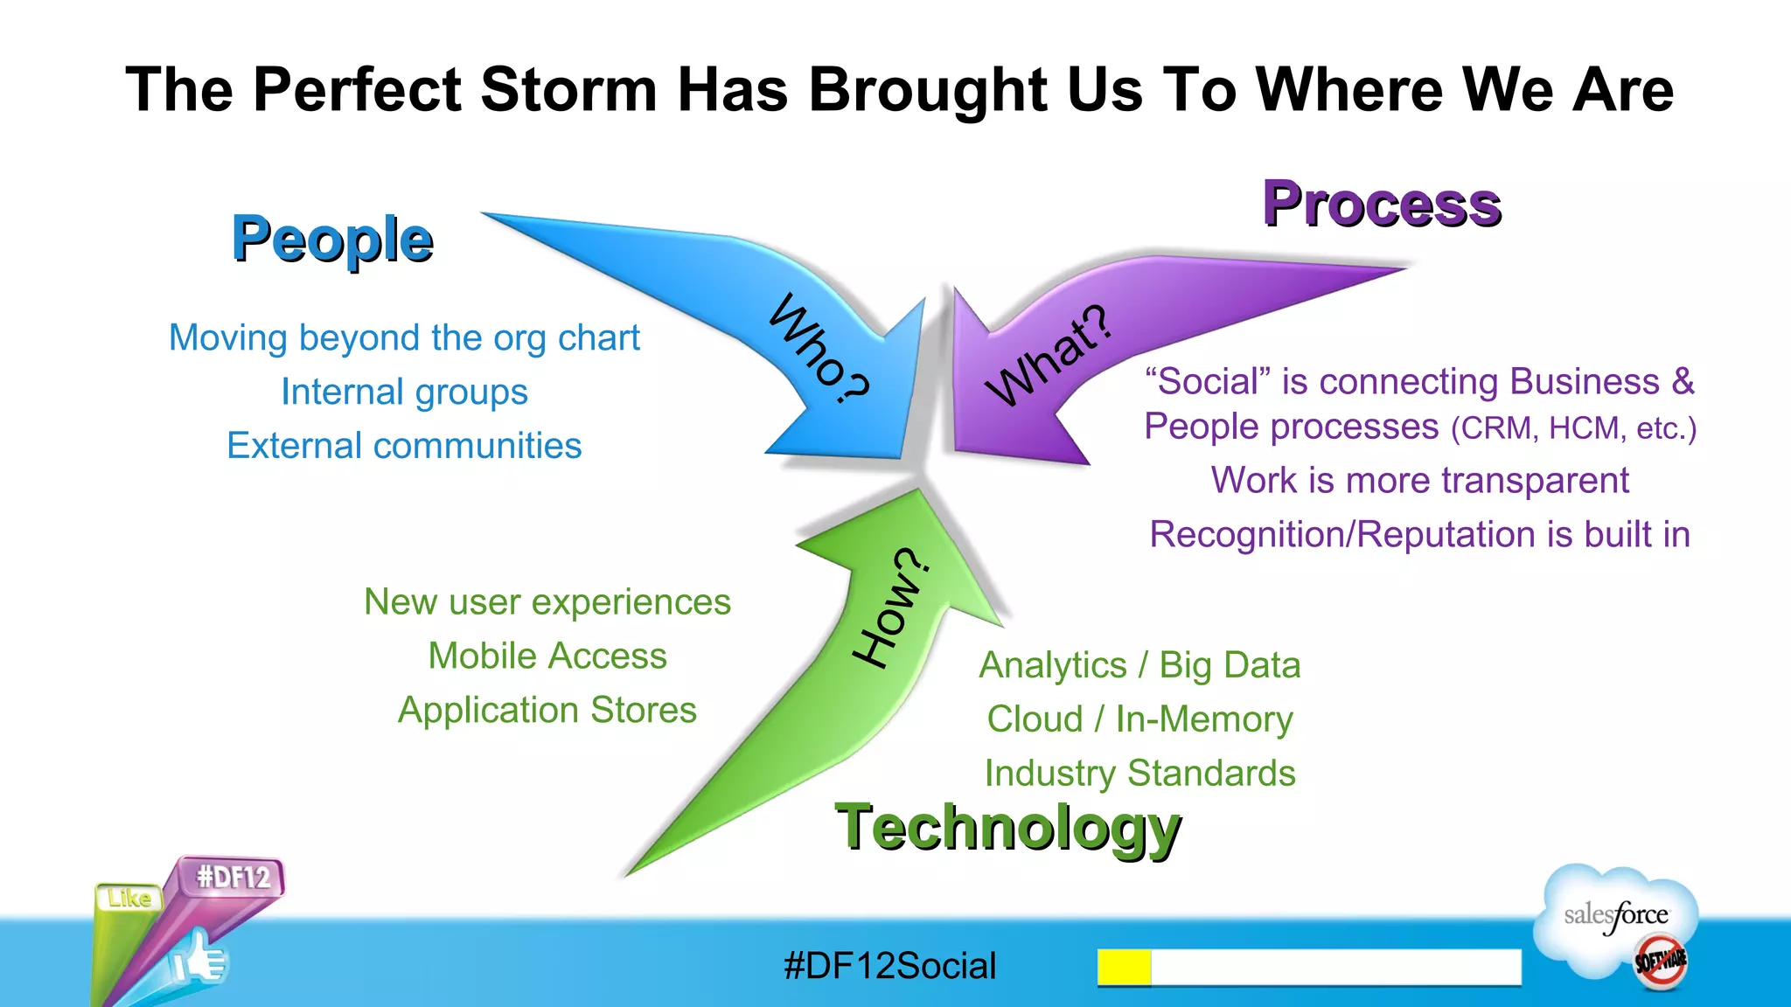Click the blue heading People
click(x=332, y=240)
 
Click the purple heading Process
click(x=1382, y=205)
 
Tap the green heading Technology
click(x=1007, y=827)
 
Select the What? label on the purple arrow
click(x=1049, y=357)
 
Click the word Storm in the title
click(x=568, y=89)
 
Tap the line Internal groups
click(x=404, y=392)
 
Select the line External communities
click(x=404, y=446)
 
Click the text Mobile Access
click(x=547, y=656)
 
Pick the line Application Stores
click(x=547, y=710)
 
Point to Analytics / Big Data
click(x=1139, y=665)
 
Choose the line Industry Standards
click(x=1139, y=774)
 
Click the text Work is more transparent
click(x=1419, y=481)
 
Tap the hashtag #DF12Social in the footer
click(x=890, y=966)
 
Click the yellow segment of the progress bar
click(x=1124, y=967)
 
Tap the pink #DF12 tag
click(x=233, y=877)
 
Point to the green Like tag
click(x=129, y=899)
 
